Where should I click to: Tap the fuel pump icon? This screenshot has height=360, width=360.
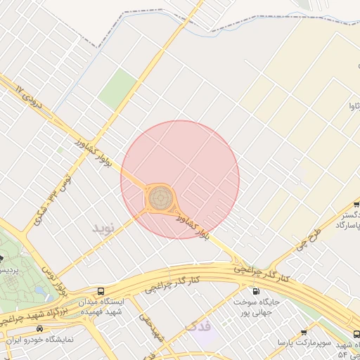[x=255, y=291]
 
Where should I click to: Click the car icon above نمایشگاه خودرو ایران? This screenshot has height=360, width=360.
[x=39, y=328]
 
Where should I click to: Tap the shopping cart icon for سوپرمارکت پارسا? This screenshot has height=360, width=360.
[x=304, y=333]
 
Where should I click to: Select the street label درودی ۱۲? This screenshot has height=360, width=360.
[x=29, y=96]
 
